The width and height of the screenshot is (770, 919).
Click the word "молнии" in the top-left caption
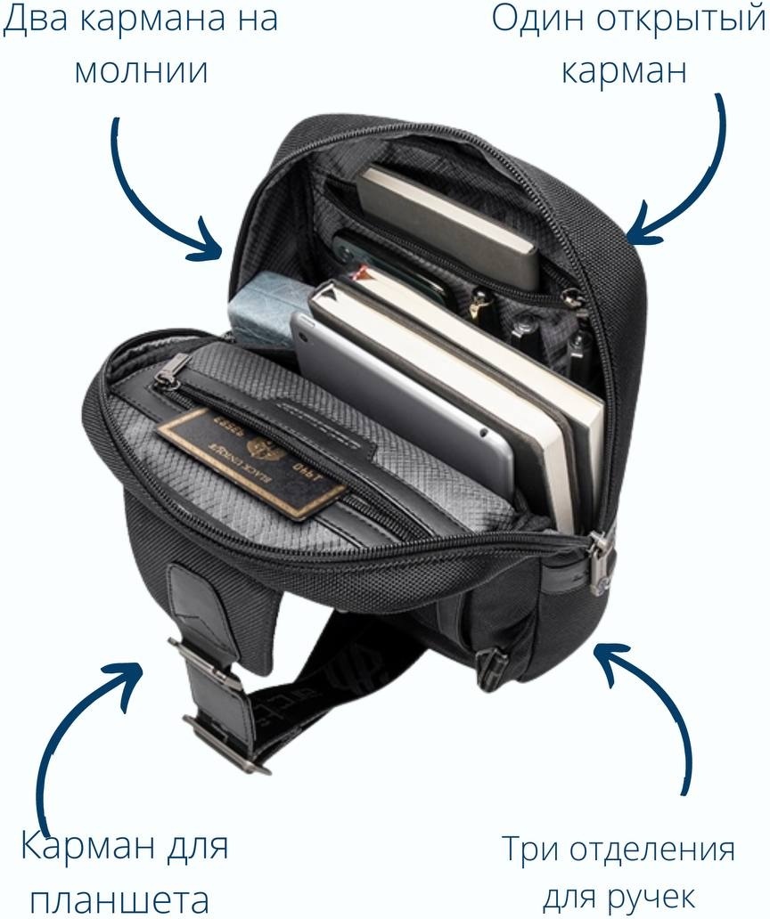[142, 71]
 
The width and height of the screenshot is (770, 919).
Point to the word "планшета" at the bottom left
[119, 899]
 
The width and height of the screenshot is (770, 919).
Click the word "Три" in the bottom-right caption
[530, 850]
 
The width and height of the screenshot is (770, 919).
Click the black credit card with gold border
[252, 463]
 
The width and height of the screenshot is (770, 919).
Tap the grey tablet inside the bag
[398, 404]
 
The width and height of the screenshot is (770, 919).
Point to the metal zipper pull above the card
[172, 370]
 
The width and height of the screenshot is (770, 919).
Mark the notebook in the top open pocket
[448, 225]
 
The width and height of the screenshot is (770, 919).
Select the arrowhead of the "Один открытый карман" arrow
[643, 225]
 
